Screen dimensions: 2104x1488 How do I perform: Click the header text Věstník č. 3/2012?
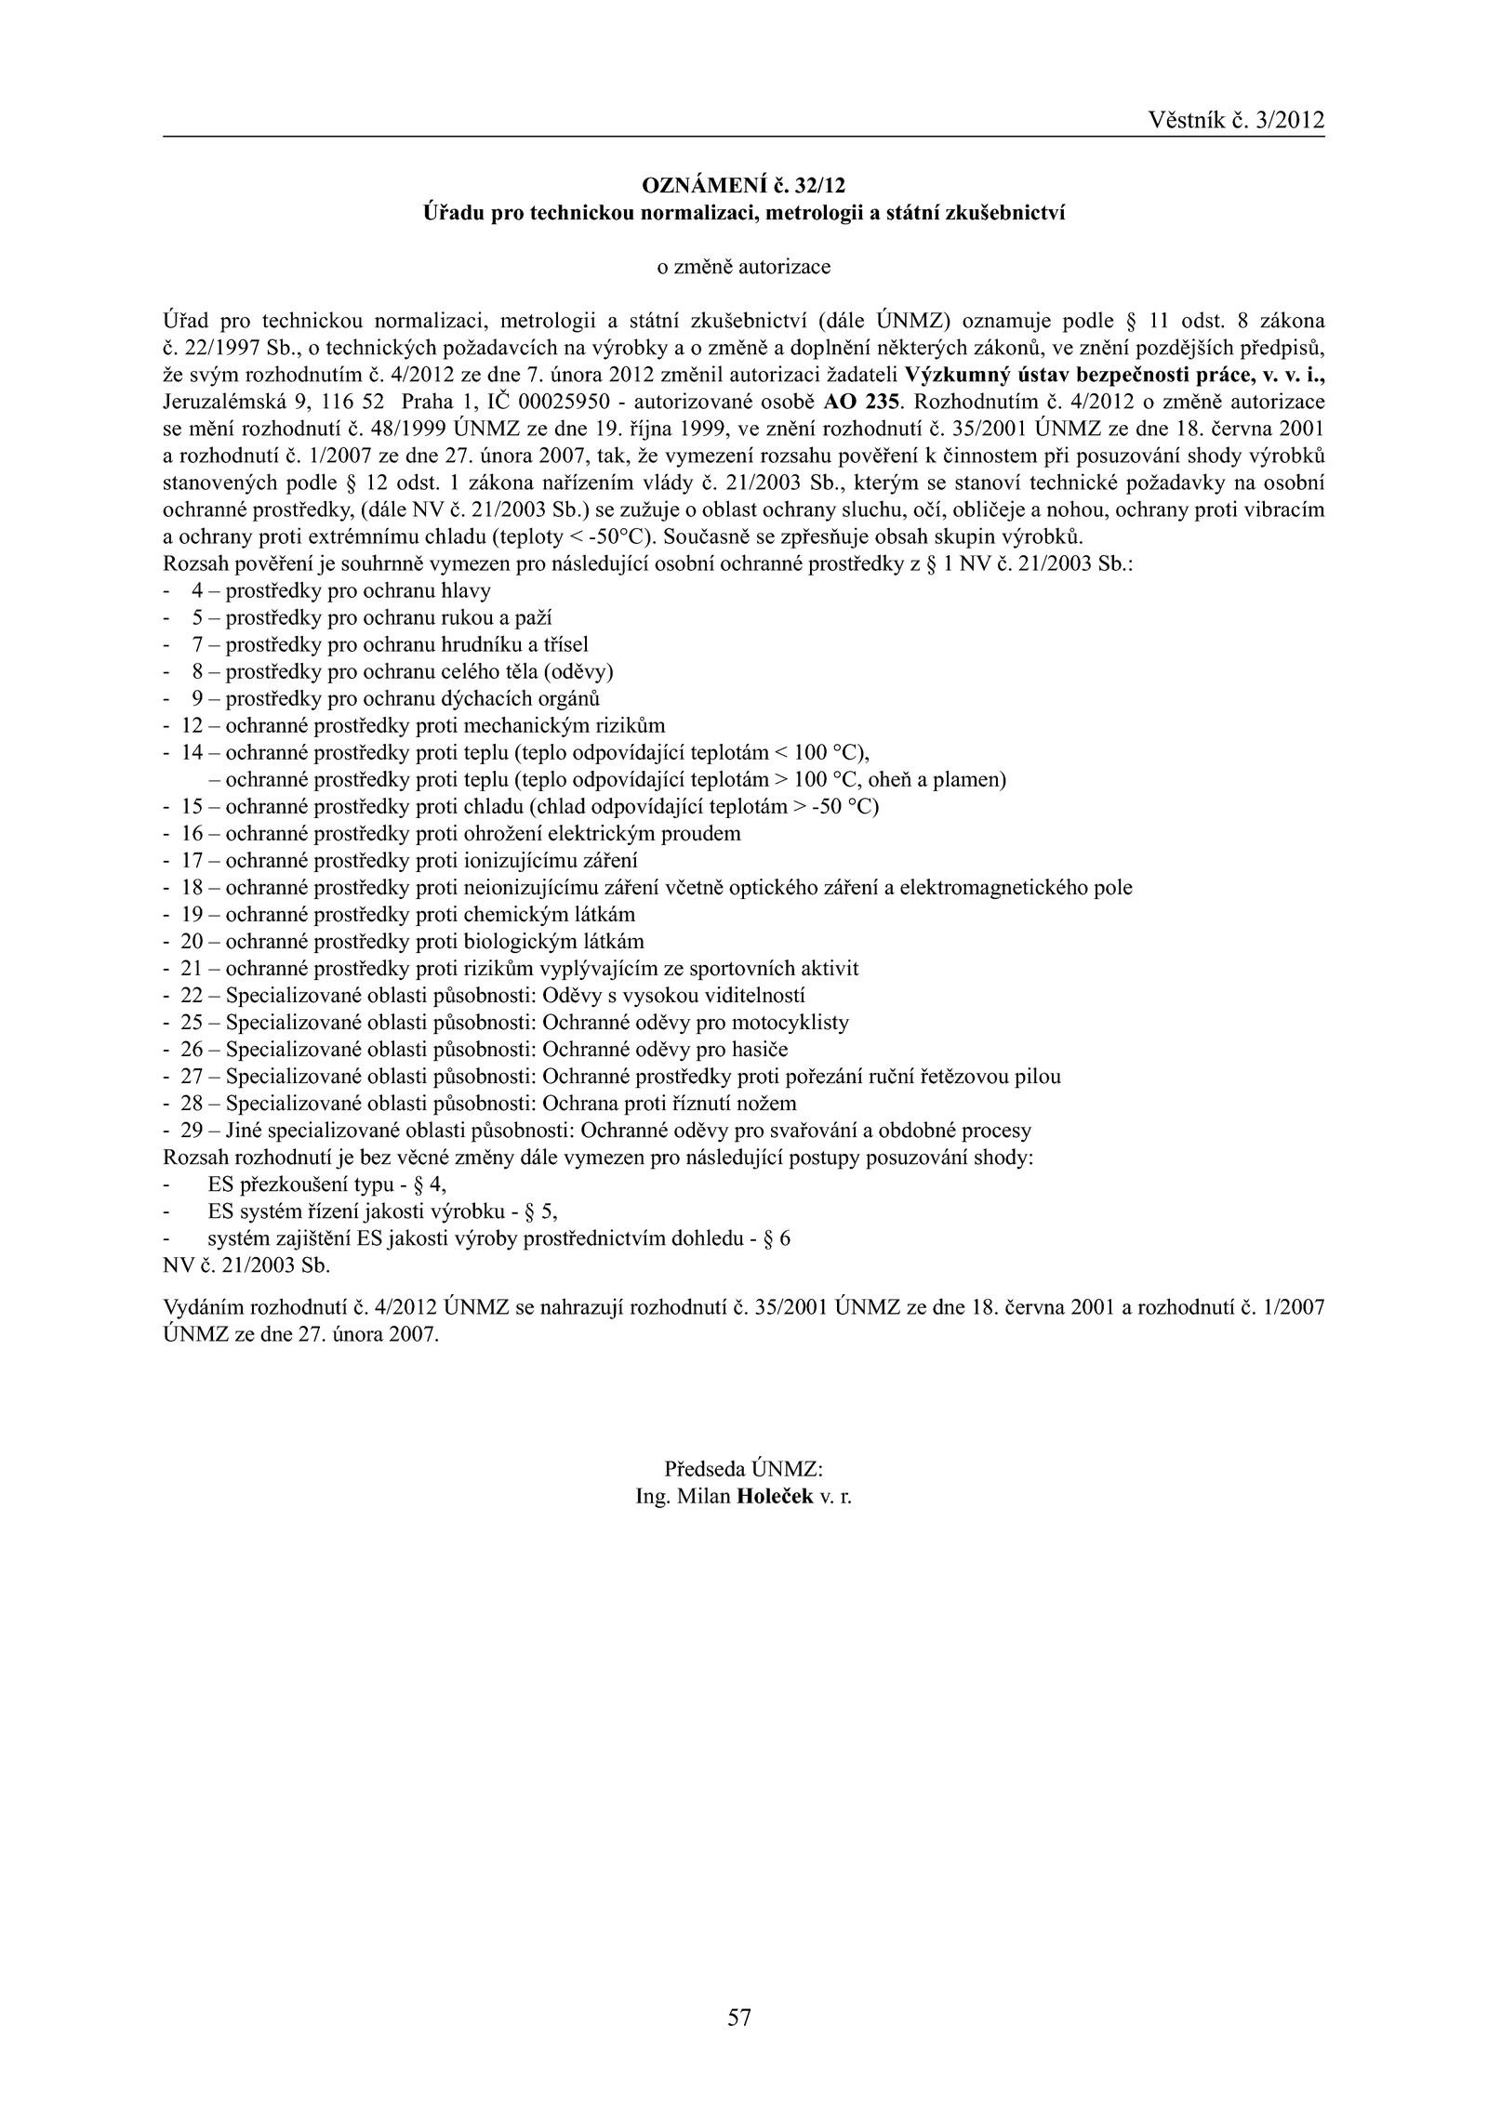[x=1236, y=120]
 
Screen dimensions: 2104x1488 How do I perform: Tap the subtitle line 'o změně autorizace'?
[x=743, y=268]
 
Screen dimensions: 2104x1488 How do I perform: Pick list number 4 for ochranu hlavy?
[x=197, y=590]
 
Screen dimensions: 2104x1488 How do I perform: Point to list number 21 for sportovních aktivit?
[x=193, y=969]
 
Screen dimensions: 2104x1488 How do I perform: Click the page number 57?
[x=739, y=2010]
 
